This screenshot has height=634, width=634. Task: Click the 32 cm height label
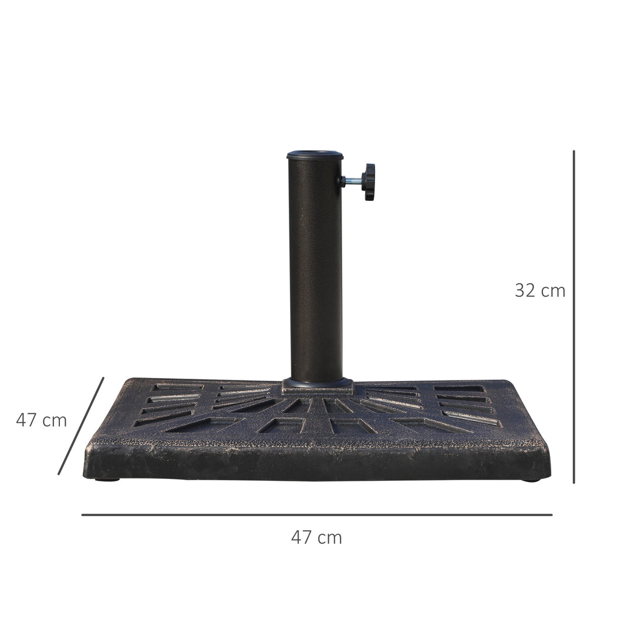[x=539, y=290]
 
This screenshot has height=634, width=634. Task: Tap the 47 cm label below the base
[x=316, y=537]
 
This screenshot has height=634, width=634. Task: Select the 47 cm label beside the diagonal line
[x=41, y=420]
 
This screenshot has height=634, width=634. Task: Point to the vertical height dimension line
[x=574, y=317]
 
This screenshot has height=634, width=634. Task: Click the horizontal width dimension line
[x=316, y=515]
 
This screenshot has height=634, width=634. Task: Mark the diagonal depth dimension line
[x=81, y=426]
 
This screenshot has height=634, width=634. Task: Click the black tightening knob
[x=368, y=181]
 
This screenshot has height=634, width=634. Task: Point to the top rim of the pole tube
[x=315, y=155]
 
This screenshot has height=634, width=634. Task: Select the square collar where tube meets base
[x=318, y=385]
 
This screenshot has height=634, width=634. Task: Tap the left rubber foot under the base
[x=107, y=479]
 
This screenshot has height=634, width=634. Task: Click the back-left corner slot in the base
[x=177, y=387]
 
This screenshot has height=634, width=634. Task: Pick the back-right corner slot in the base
[x=460, y=388]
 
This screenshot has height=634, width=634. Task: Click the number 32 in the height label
[x=526, y=290]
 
